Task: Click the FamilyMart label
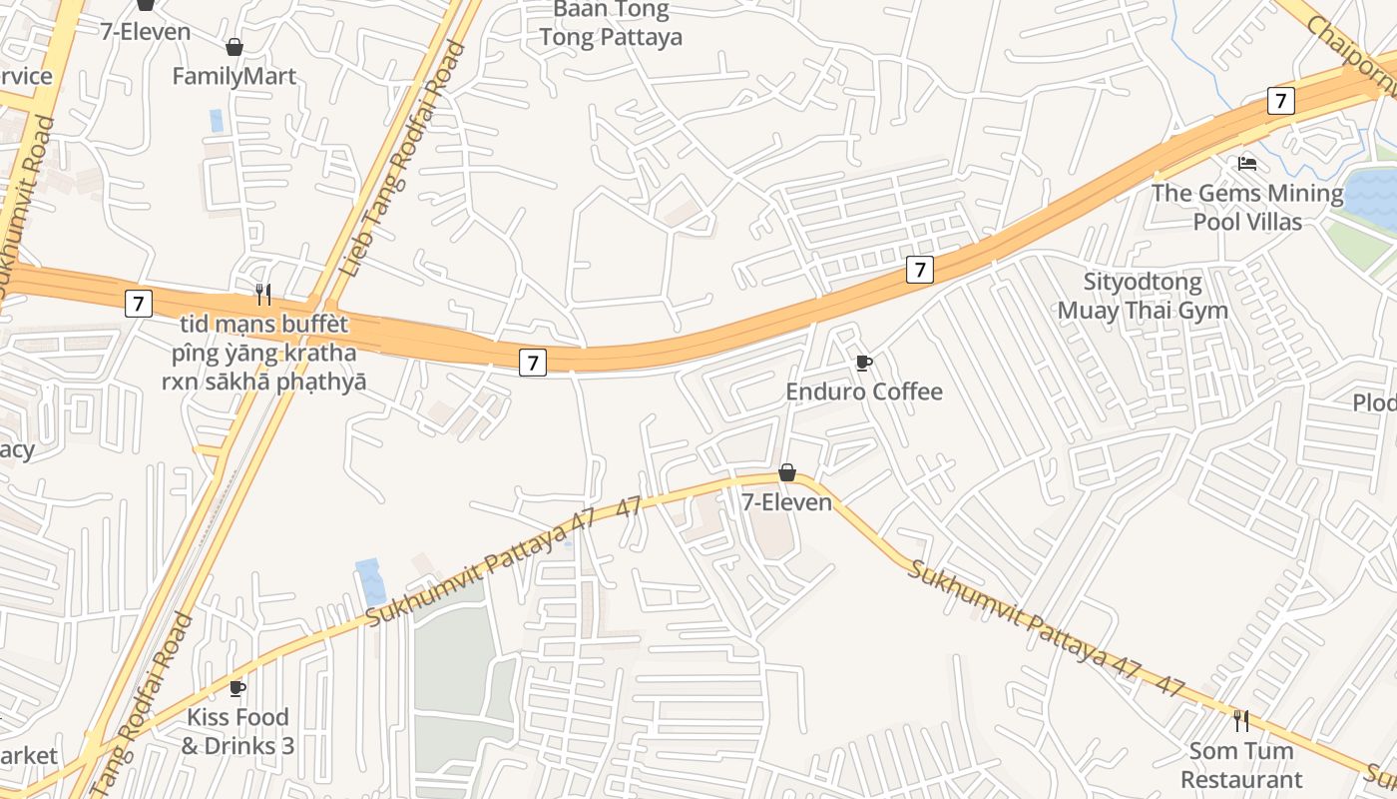coord(233,76)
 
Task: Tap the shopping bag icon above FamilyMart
coord(233,47)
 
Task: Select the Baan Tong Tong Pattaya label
coord(611,24)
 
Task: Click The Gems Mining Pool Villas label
coord(1247,207)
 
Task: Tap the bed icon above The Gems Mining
coord(1246,163)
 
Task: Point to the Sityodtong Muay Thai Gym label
coord(1143,296)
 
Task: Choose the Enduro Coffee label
coord(863,391)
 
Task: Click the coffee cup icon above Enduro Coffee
coord(863,363)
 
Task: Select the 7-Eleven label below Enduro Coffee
coord(786,501)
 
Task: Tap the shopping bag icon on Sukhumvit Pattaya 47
coord(786,472)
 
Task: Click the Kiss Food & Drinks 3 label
coord(237,731)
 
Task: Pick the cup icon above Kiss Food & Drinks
coord(236,688)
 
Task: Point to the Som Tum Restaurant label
coord(1240,764)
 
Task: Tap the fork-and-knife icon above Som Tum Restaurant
coord(1240,720)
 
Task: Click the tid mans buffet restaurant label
coord(264,353)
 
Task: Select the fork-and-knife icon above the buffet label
coord(262,294)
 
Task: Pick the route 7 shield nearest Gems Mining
coord(1280,100)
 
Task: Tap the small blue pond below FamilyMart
coord(217,120)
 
